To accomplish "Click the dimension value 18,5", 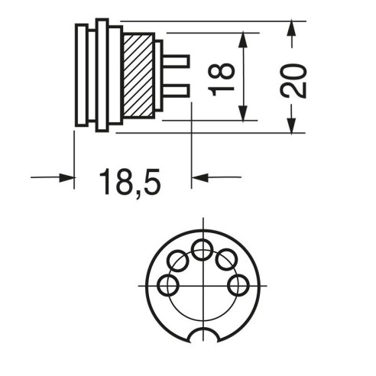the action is click(x=130, y=182).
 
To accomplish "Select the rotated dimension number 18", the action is click(x=221, y=79).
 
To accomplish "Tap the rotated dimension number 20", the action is click(x=293, y=81).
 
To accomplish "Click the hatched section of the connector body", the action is click(x=138, y=76).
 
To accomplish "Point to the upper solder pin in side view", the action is click(x=176, y=61).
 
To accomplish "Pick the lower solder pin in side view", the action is click(x=176, y=91).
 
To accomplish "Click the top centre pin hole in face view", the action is click(x=203, y=250).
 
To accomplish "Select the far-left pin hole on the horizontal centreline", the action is click(x=168, y=285).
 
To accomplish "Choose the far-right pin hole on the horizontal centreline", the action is click(x=238, y=285).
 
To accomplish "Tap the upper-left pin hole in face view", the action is click(x=178, y=261).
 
